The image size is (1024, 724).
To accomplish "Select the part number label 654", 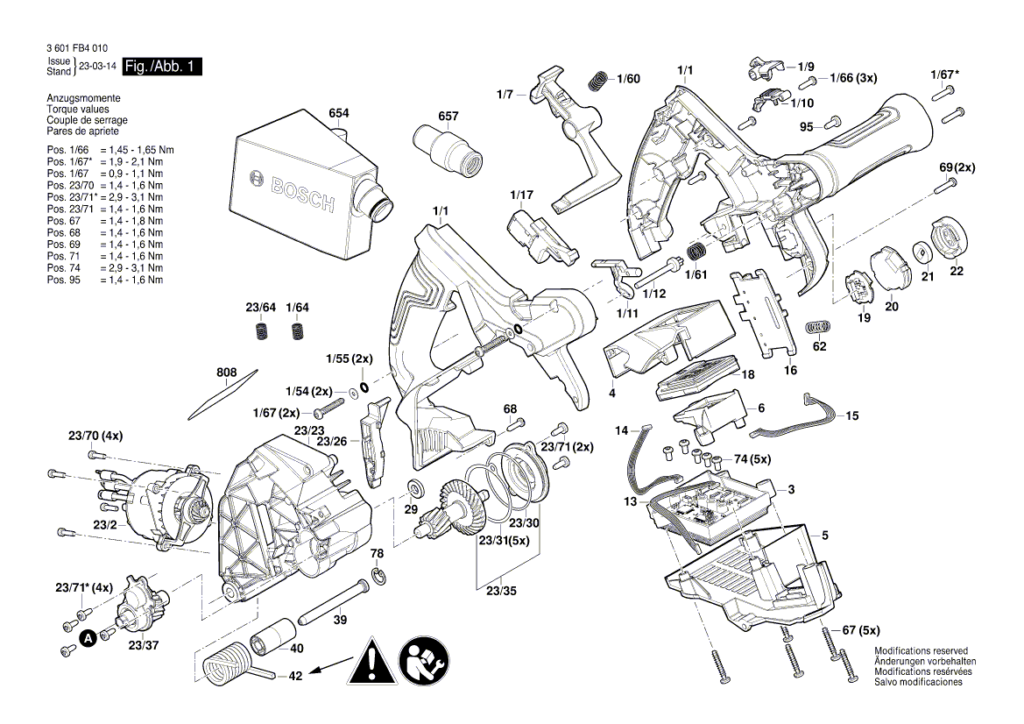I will pos(339,114).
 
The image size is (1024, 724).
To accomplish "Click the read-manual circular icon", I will pos(425,662).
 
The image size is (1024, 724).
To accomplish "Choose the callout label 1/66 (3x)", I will pos(853,79).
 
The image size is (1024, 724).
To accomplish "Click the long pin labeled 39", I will pos(334,600).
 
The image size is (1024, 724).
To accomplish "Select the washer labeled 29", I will pos(415,487).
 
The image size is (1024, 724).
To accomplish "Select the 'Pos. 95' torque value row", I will pos(105,280).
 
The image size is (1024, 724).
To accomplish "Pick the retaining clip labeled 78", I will pos(378,574).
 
